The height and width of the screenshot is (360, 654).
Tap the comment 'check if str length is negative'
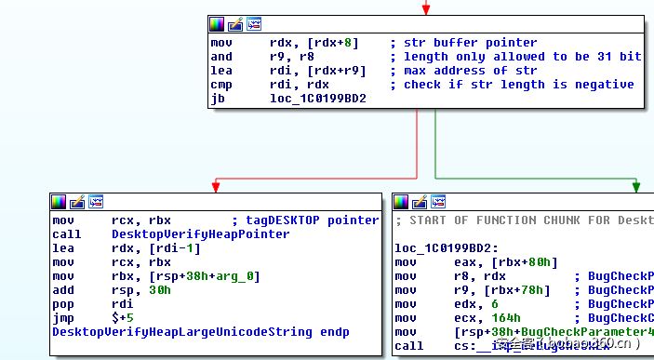point(518,85)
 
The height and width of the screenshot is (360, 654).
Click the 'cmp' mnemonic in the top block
point(220,85)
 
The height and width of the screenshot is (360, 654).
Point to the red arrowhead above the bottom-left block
point(215,186)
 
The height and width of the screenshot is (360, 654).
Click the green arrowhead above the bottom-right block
point(636,186)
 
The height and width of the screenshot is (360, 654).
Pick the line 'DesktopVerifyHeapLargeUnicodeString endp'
point(201,332)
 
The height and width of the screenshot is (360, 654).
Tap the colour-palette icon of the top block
point(217,23)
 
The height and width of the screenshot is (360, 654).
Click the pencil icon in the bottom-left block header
point(77,201)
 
